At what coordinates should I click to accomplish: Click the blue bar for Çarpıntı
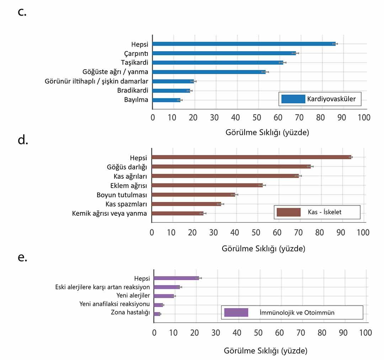(x=224, y=53)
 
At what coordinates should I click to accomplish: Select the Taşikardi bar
(x=218, y=63)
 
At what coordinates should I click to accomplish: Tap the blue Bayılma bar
(x=166, y=100)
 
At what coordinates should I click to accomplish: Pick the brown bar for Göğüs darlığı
(x=231, y=167)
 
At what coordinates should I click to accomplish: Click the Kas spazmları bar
(x=186, y=204)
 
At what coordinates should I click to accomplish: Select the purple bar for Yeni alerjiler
(x=164, y=296)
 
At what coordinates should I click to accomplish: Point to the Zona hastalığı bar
(x=157, y=314)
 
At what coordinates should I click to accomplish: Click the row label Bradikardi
(x=133, y=90)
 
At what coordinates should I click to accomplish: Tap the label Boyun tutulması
(x=122, y=195)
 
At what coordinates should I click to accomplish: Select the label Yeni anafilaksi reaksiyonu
(x=114, y=304)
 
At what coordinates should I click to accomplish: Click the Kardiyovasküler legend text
(x=331, y=99)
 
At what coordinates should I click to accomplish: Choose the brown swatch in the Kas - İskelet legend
(x=288, y=212)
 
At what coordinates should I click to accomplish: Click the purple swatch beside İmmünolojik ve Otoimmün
(x=236, y=312)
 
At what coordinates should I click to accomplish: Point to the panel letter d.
(x=23, y=140)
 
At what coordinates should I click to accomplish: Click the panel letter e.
(x=22, y=257)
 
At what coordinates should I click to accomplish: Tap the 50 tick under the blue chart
(x=257, y=118)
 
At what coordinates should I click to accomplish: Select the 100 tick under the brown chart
(x=363, y=232)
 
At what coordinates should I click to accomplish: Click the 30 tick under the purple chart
(x=216, y=333)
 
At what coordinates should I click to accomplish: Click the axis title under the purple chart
(x=266, y=351)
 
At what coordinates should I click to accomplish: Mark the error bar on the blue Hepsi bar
(x=335, y=44)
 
